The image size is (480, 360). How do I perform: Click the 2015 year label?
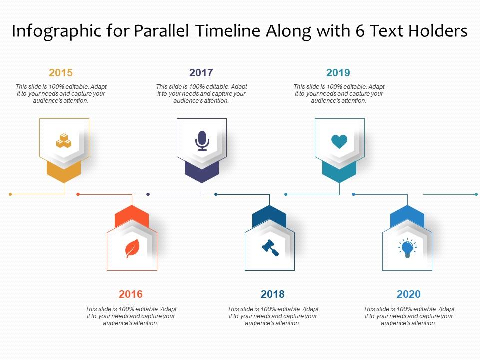(x=61, y=73)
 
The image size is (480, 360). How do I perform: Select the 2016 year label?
(x=131, y=294)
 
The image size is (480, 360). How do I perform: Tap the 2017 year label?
(x=201, y=73)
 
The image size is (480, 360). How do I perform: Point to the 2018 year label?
(x=273, y=294)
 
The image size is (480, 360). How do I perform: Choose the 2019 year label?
(x=338, y=73)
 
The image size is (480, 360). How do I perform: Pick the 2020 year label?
(x=409, y=294)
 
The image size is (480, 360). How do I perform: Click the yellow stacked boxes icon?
(x=64, y=141)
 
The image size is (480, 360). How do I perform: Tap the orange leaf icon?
(x=132, y=248)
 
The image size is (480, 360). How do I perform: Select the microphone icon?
(x=202, y=141)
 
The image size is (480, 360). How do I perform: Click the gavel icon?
(x=270, y=248)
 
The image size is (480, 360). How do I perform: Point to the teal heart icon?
(x=339, y=142)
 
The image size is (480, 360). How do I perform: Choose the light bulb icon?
(x=407, y=248)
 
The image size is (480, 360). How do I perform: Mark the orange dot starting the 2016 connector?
(x=78, y=194)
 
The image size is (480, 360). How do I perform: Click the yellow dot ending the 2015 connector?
(x=10, y=194)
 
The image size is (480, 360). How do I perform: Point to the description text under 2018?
(x=273, y=316)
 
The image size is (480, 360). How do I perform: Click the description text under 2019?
(x=339, y=94)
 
